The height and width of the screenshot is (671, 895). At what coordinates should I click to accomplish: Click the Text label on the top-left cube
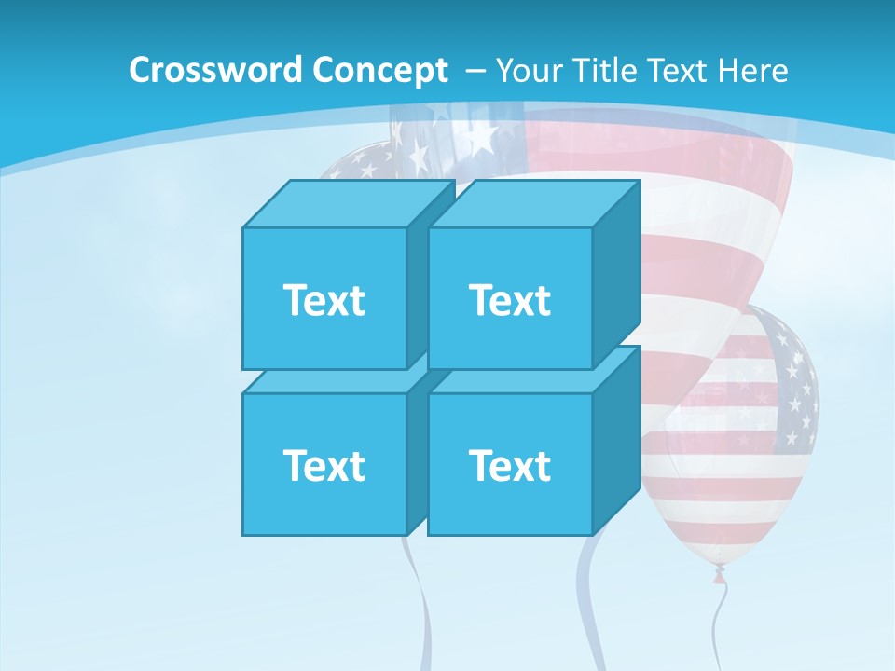(324, 300)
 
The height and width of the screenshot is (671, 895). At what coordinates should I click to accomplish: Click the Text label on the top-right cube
(510, 300)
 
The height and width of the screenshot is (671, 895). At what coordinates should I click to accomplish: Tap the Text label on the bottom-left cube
(324, 465)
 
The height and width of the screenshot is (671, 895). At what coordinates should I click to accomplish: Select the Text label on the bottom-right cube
(510, 465)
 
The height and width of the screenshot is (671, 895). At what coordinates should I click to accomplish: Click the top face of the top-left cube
(348, 204)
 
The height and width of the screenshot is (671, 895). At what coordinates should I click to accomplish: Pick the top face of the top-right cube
(533, 204)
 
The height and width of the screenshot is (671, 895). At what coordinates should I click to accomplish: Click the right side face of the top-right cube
(616, 275)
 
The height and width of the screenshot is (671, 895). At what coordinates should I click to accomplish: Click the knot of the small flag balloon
(719, 572)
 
